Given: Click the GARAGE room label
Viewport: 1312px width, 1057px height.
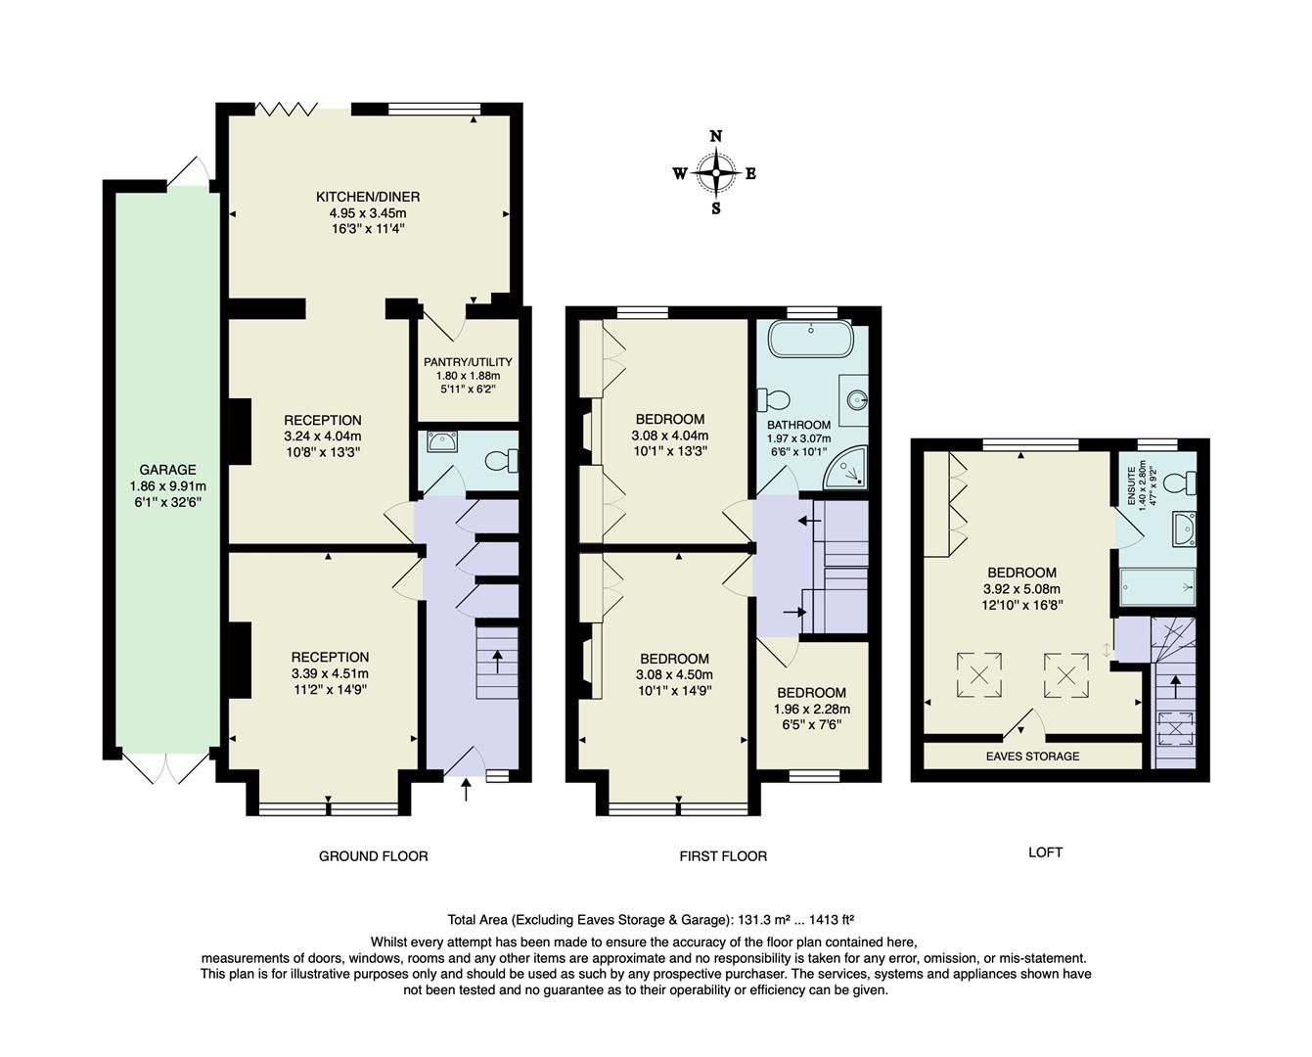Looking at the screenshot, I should click(166, 470).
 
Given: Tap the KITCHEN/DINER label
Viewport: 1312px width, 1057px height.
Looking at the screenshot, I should click(368, 197).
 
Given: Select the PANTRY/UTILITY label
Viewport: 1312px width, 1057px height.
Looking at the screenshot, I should click(468, 362).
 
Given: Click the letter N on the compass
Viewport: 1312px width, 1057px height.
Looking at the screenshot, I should click(716, 137).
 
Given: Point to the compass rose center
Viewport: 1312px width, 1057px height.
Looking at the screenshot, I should click(716, 173).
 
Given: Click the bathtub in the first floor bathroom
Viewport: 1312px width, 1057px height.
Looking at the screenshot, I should click(810, 339).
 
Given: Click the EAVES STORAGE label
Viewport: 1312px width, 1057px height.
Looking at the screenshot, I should click(1032, 757).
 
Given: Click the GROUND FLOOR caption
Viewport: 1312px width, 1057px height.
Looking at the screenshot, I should click(373, 856).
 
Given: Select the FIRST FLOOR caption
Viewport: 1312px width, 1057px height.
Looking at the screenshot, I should click(723, 856).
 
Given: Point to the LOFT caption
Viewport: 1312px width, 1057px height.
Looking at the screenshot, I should click(1045, 852).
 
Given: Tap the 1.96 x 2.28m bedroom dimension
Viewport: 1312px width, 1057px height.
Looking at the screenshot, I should click(811, 710).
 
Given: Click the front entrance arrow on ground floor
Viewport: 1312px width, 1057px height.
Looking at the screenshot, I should click(466, 789).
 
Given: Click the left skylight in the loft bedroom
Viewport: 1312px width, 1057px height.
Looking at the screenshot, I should click(978, 672).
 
